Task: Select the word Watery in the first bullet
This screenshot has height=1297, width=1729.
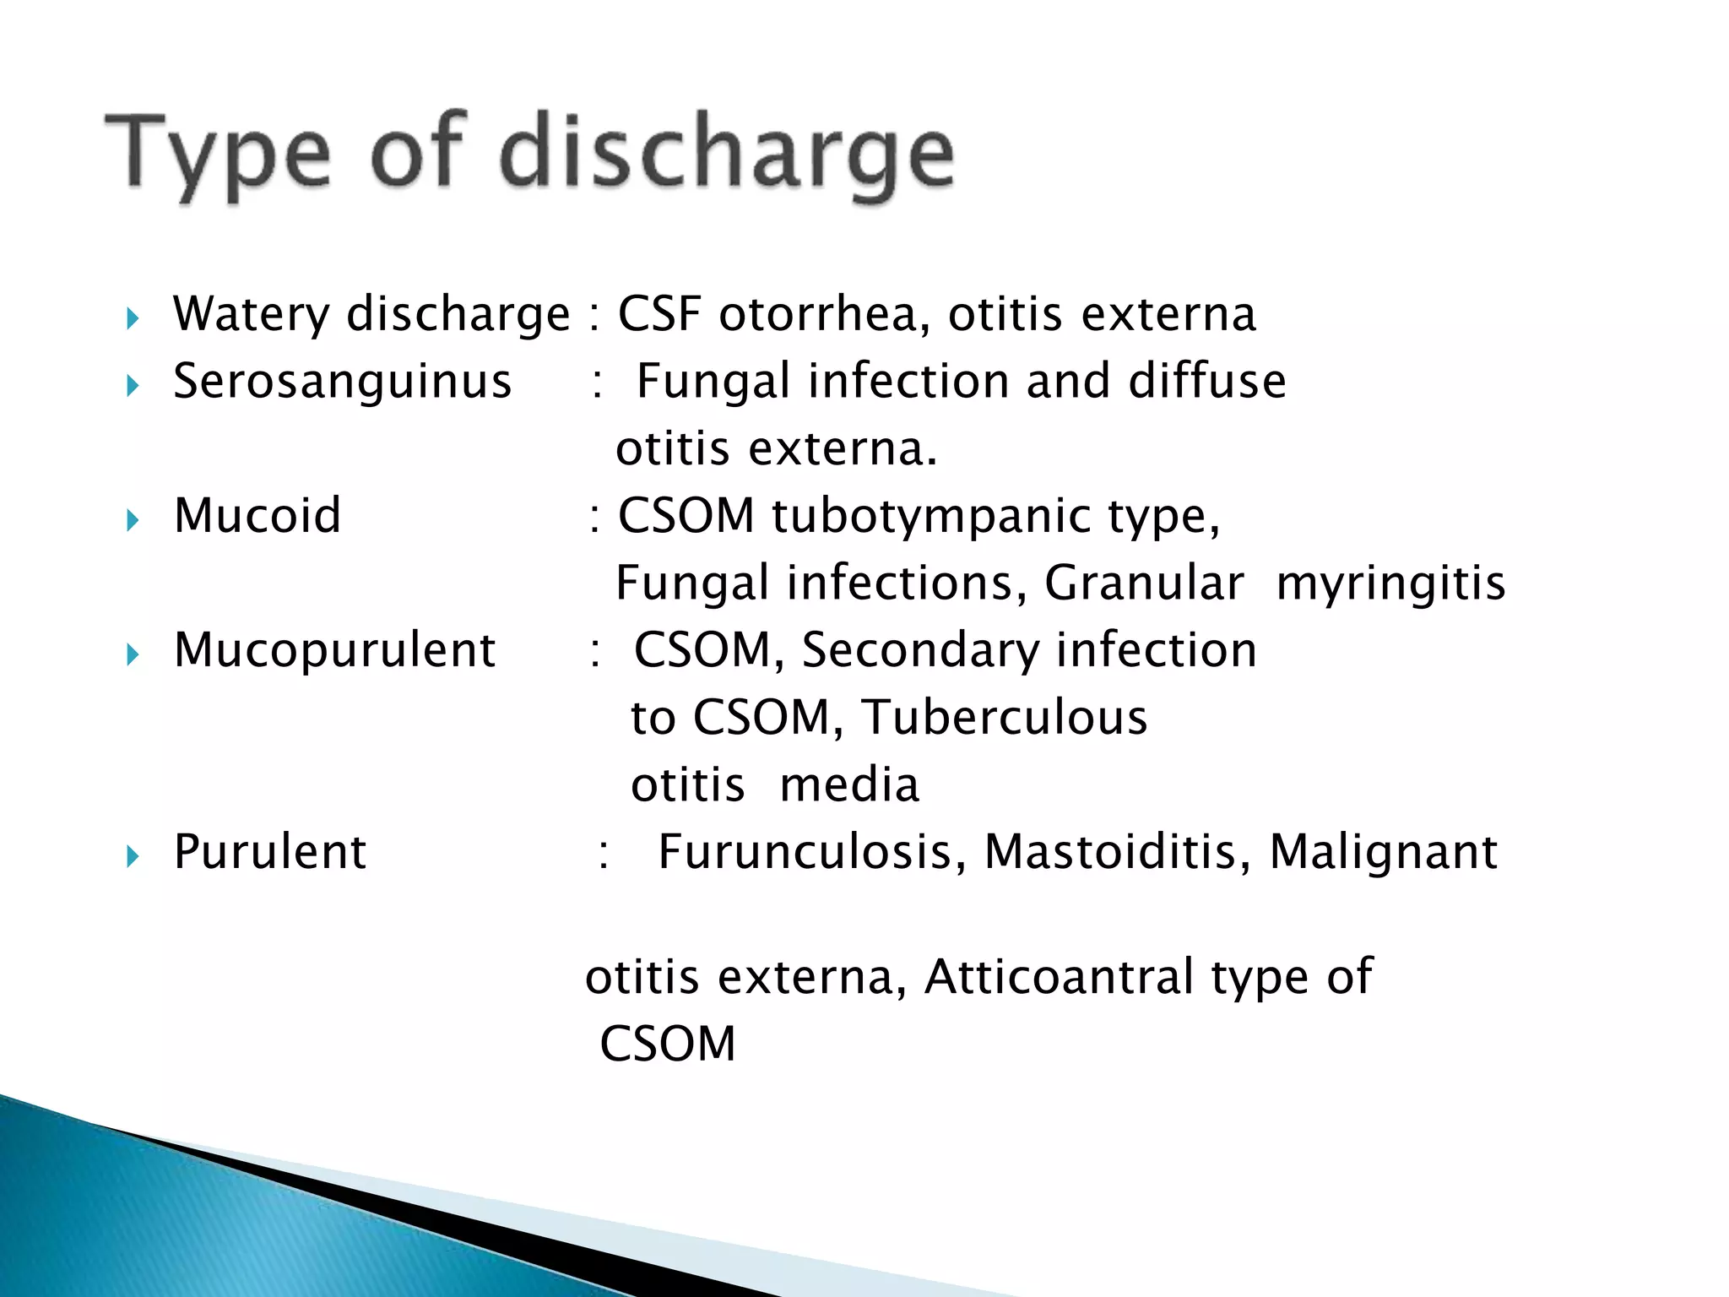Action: coord(252,315)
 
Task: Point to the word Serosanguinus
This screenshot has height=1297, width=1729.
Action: coord(342,381)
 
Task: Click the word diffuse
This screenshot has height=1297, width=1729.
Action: coord(1207,381)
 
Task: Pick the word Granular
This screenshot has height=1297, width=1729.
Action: coord(1144,583)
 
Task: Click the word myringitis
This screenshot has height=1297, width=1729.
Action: coord(1390,584)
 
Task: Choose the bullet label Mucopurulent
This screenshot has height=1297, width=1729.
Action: coord(334,651)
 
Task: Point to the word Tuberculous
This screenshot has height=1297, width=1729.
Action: coord(1004,718)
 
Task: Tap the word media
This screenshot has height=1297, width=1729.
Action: coord(849,784)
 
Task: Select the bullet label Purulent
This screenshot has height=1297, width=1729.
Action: coord(269,851)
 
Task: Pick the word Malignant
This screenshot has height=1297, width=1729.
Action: coord(1384,853)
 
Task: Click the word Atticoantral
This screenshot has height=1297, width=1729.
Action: coord(1060,977)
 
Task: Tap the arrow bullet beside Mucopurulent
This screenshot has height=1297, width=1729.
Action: coord(132,654)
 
